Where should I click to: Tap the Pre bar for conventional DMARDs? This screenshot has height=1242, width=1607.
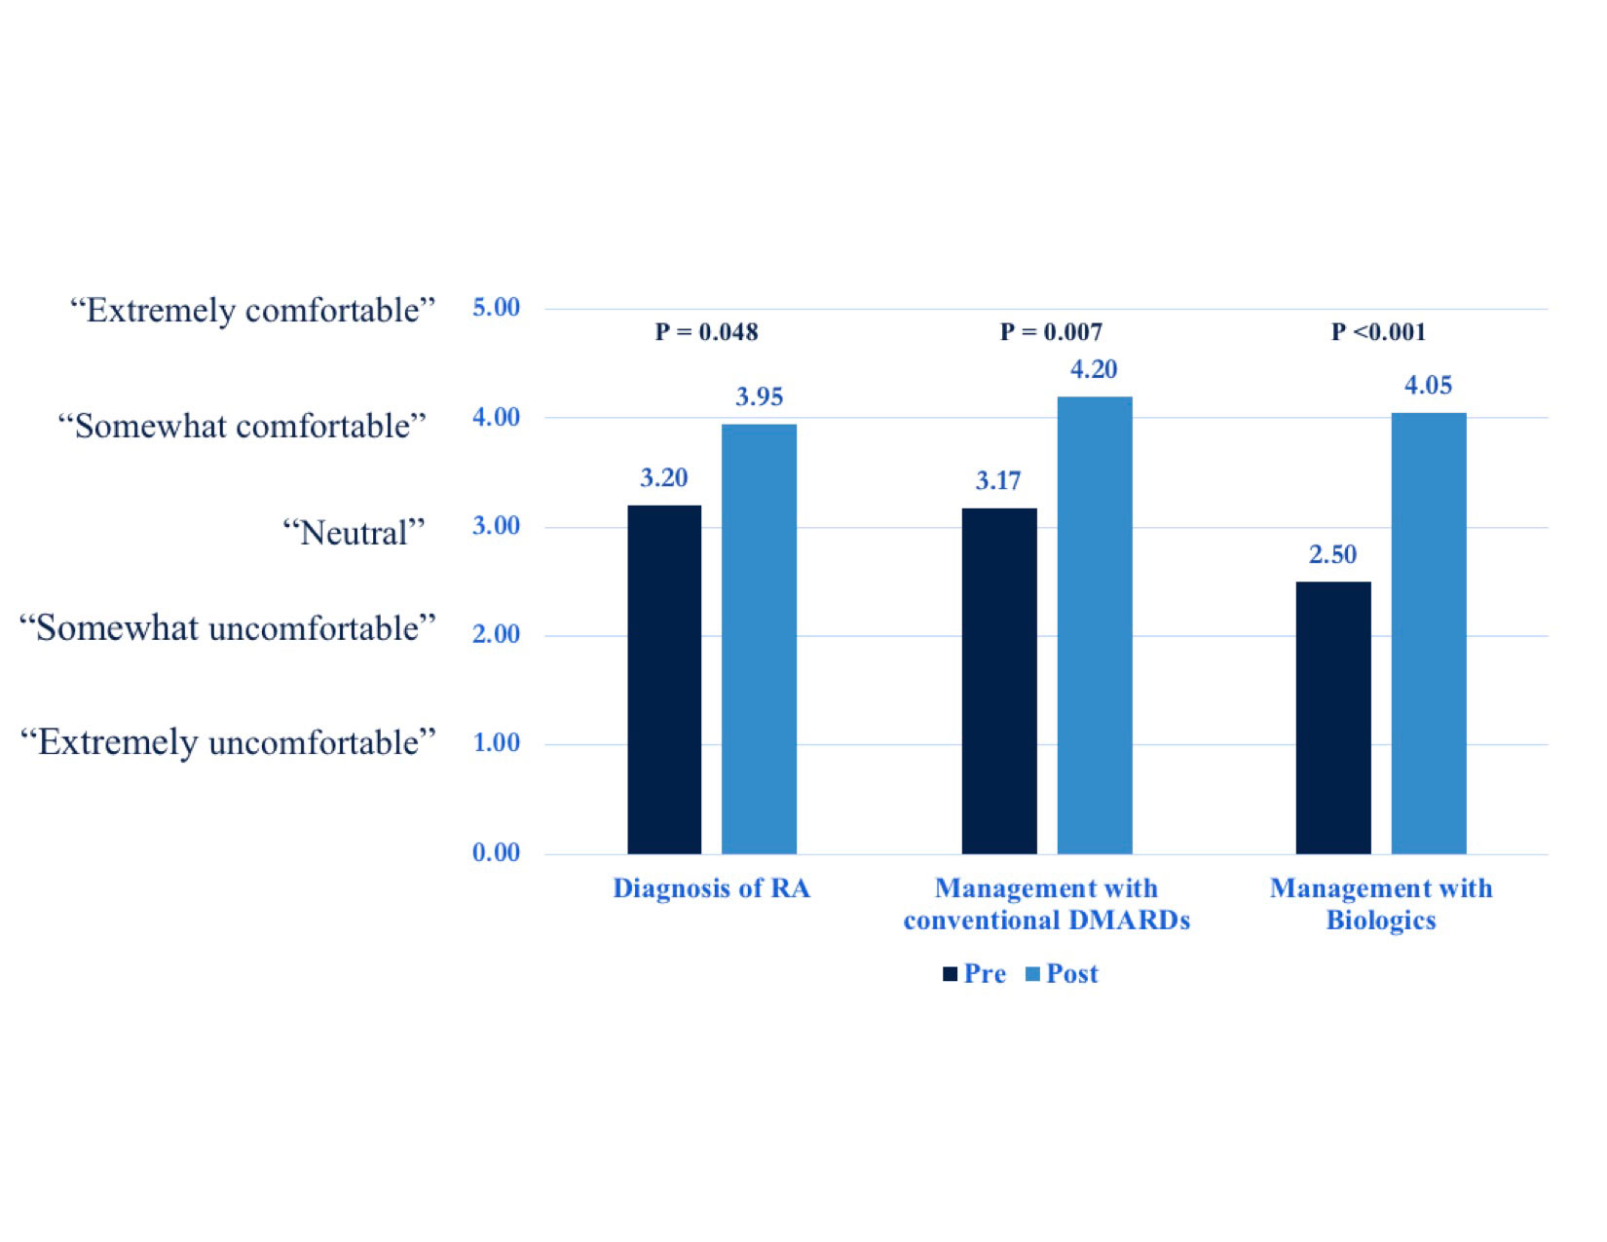coord(999,681)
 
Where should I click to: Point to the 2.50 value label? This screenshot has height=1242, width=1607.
coord(1332,554)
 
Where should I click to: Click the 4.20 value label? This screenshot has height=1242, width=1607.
coord(1094,369)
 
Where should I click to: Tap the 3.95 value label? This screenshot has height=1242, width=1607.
coord(759,396)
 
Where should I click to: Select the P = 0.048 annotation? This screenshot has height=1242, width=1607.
coord(706,332)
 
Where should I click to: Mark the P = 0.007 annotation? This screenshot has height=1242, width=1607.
coord(1051,332)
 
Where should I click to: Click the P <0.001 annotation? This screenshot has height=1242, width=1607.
coord(1378,332)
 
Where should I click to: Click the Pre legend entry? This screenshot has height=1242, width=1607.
coord(975,974)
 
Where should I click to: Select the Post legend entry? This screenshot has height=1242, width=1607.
coord(1063,974)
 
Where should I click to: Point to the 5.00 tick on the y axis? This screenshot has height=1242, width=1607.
coord(496,308)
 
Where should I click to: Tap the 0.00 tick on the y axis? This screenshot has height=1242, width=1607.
coord(496,853)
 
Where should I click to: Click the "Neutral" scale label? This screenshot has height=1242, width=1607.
coord(354,533)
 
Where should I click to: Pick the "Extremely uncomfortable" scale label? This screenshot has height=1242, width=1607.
coord(227,742)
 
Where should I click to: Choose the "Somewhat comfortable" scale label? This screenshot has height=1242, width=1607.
coord(242,426)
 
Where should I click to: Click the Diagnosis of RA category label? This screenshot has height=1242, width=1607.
coord(711,888)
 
